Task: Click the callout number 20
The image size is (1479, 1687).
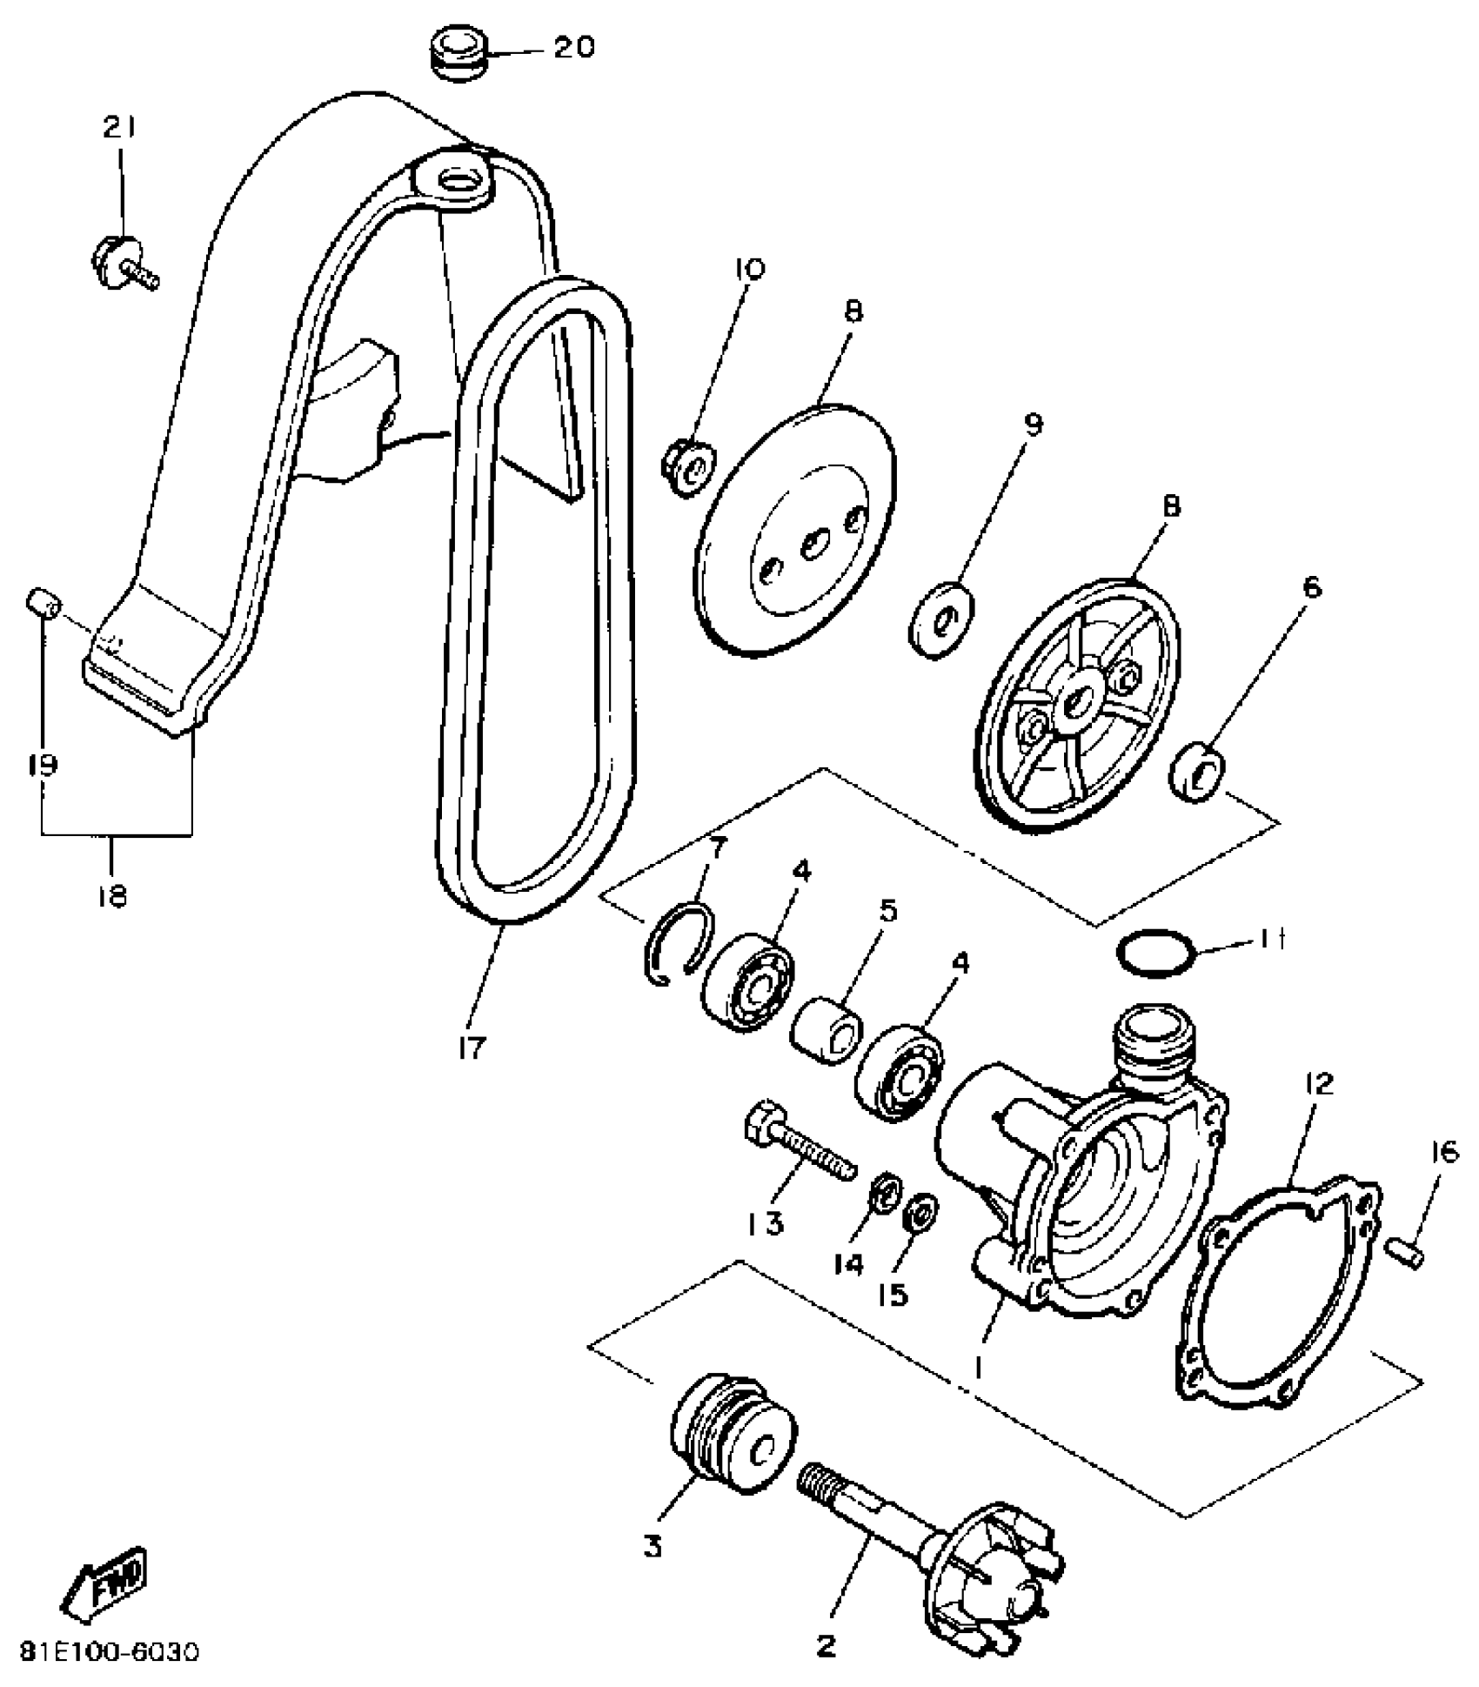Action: coord(574,47)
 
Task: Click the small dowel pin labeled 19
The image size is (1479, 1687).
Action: coord(42,602)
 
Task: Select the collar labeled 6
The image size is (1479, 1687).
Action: coord(1200,771)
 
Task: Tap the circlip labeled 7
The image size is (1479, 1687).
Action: coord(679,943)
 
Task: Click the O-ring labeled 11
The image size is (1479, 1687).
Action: coord(1155,954)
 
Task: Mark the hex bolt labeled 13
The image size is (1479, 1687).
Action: coord(799,1148)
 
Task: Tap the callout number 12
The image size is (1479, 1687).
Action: coord(1319,1084)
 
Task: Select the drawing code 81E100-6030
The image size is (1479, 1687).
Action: coord(110,1651)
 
